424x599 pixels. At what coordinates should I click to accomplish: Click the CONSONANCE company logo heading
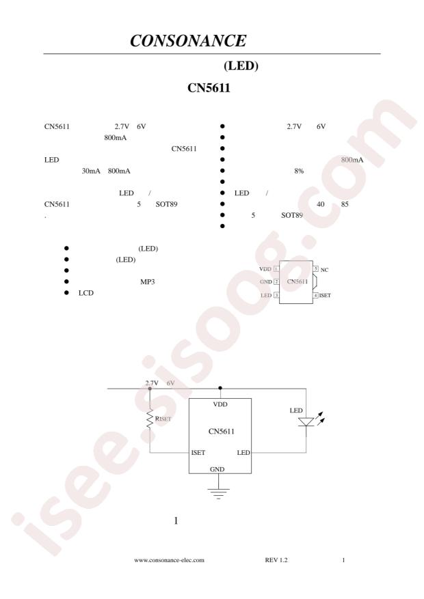click(188, 41)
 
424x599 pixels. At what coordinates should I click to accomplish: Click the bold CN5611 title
click(209, 88)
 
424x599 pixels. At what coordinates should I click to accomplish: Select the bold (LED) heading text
click(241, 66)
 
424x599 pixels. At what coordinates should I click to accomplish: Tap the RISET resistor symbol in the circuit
click(150, 419)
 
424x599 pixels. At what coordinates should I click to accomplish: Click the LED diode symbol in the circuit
click(306, 421)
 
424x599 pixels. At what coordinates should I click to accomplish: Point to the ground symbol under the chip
click(218, 494)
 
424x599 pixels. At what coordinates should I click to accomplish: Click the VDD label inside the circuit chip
click(220, 404)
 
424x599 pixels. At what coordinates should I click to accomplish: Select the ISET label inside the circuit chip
click(198, 452)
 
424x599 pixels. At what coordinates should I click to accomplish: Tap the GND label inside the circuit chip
click(217, 469)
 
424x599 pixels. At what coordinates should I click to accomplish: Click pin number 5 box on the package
click(316, 269)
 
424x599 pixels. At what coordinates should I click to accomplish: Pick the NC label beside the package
click(324, 270)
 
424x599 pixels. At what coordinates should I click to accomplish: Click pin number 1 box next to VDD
click(276, 269)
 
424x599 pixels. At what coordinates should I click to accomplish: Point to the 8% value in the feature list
click(299, 171)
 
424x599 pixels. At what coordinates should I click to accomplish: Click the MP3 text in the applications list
click(148, 281)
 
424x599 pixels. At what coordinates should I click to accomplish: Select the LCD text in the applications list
click(86, 292)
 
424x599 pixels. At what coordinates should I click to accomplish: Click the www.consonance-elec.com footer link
click(169, 560)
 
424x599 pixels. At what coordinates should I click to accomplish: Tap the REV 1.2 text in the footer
click(276, 560)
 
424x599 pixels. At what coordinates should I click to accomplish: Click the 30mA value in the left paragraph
click(91, 171)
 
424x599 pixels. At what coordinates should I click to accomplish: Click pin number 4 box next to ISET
click(316, 295)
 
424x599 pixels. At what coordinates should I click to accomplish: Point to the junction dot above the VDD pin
click(220, 388)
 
